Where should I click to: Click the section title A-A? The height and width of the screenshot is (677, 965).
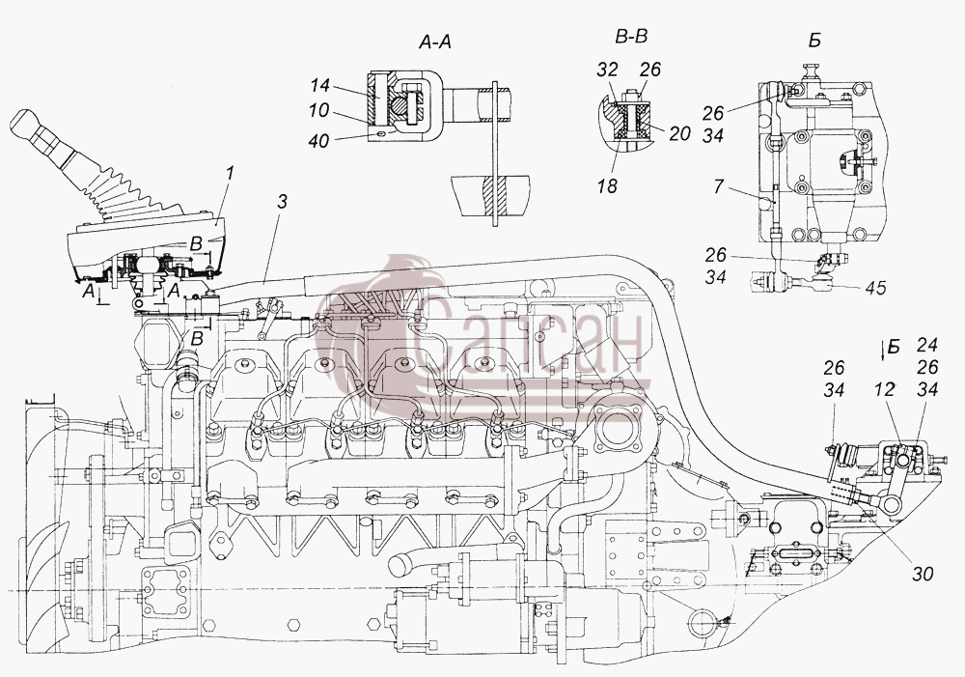coord(435,42)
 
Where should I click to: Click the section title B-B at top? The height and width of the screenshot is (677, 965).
coord(631,38)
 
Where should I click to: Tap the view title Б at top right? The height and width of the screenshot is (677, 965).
coord(814,42)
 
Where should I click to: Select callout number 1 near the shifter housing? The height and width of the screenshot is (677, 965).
coord(230,173)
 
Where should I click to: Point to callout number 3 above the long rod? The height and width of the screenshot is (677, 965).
coord(282,202)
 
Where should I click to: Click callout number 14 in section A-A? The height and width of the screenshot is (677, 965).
coord(320,85)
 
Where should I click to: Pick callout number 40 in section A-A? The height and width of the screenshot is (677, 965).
coord(318,141)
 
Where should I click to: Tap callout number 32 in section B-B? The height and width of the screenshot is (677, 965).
coord(607,69)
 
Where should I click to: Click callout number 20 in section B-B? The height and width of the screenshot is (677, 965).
coord(679,133)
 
